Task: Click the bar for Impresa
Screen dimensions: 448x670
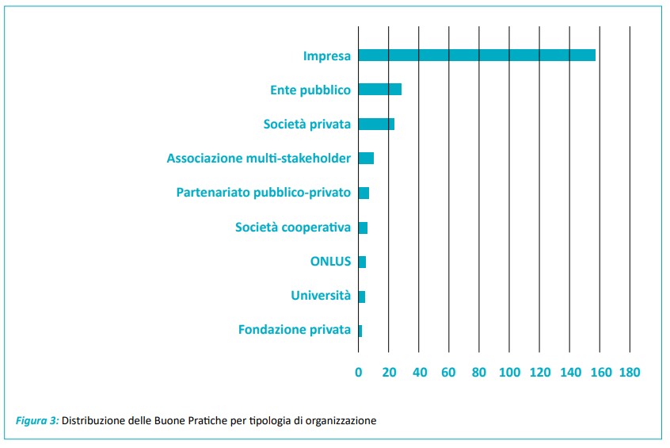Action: pyautogui.click(x=476, y=56)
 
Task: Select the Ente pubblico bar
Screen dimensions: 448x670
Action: pyautogui.click(x=379, y=90)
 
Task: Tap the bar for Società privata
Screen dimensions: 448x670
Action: pyautogui.click(x=376, y=124)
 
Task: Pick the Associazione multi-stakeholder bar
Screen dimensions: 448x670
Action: pyautogui.click(x=366, y=158)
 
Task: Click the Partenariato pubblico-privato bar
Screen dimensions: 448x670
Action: pyautogui.click(x=364, y=193)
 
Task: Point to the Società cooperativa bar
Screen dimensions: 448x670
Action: pyautogui.click(x=363, y=228)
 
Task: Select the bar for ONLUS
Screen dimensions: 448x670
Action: pyautogui.click(x=362, y=262)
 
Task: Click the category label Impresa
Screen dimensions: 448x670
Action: pyautogui.click(x=326, y=56)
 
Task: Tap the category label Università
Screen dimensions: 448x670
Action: pyautogui.click(x=320, y=296)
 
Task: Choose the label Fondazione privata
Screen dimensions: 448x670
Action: pyautogui.click(x=294, y=330)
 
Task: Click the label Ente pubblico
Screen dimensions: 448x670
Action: pyautogui.click(x=310, y=90)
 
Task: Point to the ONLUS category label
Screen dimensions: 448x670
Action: pyautogui.click(x=329, y=262)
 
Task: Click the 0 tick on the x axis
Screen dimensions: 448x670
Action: pyautogui.click(x=359, y=372)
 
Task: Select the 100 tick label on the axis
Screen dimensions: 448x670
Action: pyautogui.click(x=509, y=372)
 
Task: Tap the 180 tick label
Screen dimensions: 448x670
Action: pyautogui.click(x=630, y=372)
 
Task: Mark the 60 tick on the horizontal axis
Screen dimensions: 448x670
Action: pyautogui.click(x=449, y=372)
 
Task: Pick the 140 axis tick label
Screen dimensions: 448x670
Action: pyautogui.click(x=569, y=372)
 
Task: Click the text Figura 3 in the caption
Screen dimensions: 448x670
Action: pyautogui.click(x=37, y=421)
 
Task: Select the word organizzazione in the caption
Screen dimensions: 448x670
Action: pyautogui.click(x=341, y=421)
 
